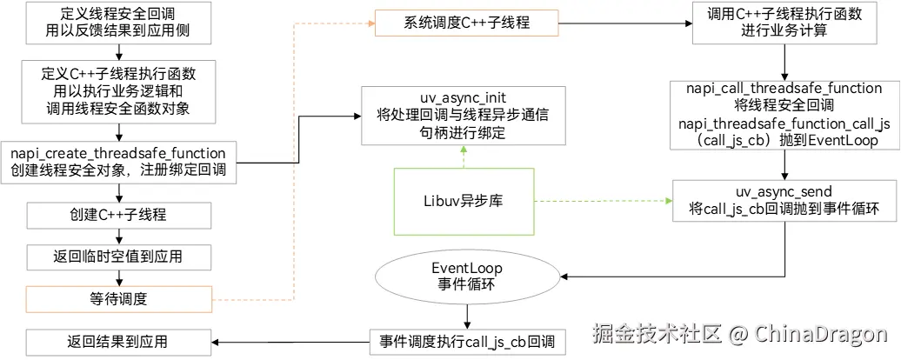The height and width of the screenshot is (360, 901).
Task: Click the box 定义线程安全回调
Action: [x=118, y=23]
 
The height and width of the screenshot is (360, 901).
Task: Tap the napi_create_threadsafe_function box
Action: [x=118, y=161]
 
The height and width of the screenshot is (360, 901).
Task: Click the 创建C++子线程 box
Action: [x=118, y=214]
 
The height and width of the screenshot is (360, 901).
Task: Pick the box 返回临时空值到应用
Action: [x=118, y=257]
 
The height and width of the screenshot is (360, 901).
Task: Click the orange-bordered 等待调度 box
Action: [x=118, y=299]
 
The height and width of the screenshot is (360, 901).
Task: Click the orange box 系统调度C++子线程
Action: [x=464, y=23]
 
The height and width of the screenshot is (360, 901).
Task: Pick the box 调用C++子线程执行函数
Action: [x=785, y=23]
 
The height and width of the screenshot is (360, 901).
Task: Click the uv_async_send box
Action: [x=785, y=202]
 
